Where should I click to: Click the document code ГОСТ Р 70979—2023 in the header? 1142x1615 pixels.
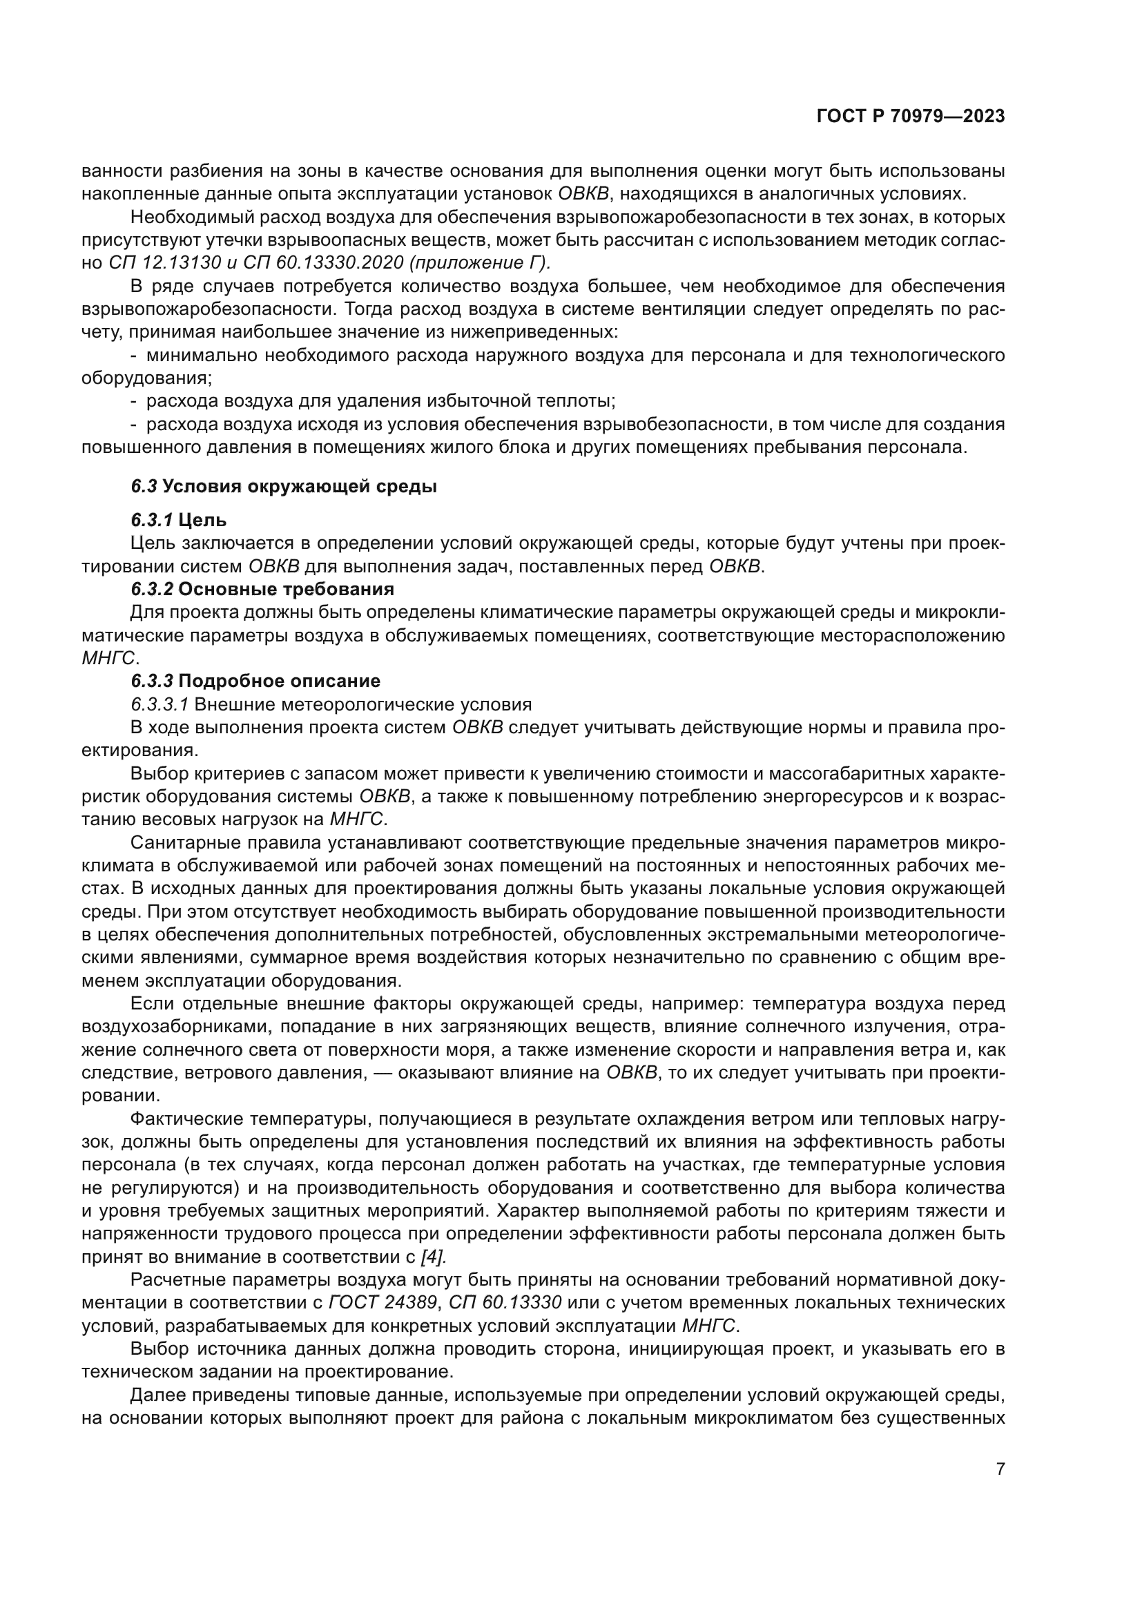(x=910, y=117)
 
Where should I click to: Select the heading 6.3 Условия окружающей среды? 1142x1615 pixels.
(x=283, y=487)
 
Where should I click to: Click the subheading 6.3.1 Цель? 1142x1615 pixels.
(x=179, y=521)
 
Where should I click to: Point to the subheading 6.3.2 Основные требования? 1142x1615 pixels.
(x=262, y=589)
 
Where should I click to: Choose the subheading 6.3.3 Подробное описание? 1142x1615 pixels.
(x=255, y=681)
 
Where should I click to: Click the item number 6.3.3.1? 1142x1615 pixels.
(x=159, y=704)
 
